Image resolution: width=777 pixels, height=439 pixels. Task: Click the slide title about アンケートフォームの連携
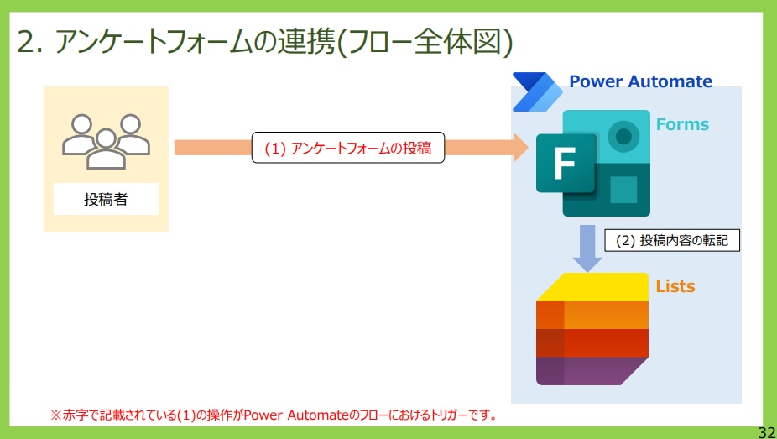click(x=264, y=43)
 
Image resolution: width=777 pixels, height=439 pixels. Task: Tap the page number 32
click(x=767, y=431)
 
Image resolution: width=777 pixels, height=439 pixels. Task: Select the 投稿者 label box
click(x=106, y=199)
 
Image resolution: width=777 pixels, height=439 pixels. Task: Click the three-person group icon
click(x=106, y=141)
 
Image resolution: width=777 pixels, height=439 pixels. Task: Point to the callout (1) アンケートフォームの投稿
click(x=348, y=148)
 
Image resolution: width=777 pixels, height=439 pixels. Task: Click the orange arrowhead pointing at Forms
click(x=520, y=147)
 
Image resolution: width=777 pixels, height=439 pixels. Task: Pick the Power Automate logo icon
click(x=537, y=91)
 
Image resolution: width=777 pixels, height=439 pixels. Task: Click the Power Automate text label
click(x=641, y=81)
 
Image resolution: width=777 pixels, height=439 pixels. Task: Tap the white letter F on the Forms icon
click(x=565, y=163)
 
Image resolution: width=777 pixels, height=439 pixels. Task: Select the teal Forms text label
click(x=682, y=124)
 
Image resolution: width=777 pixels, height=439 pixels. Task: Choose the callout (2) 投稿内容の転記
click(x=672, y=241)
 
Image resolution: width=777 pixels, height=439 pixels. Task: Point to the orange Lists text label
click(x=675, y=286)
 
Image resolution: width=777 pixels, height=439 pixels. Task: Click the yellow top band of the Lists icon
click(x=592, y=287)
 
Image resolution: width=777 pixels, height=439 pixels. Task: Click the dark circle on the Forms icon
click(x=623, y=136)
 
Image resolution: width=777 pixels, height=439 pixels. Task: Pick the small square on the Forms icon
click(x=623, y=191)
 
